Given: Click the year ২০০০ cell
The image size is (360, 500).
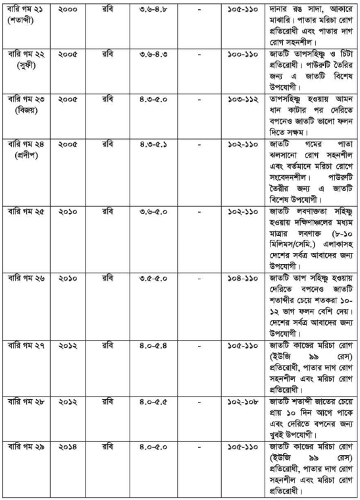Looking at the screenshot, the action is (x=68, y=11).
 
